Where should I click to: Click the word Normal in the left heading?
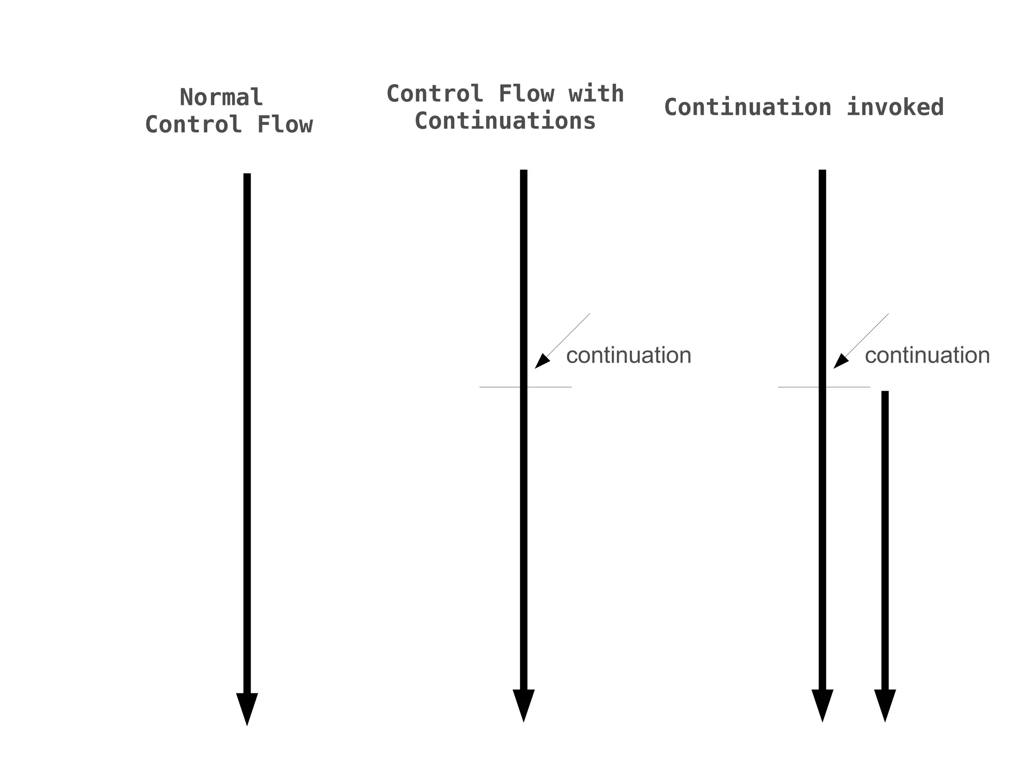221,97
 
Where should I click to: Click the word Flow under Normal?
285,125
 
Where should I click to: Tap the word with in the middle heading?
596,94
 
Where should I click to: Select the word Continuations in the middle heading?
505,121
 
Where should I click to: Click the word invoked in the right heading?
894,107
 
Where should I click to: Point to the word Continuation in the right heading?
748,107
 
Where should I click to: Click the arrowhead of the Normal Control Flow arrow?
247,708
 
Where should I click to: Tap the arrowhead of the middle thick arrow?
523,704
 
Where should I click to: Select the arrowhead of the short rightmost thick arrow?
885,704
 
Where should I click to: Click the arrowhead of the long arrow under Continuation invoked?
822,704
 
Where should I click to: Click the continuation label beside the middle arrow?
628,355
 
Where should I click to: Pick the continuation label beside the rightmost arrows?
927,355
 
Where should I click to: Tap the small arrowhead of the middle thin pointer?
541,362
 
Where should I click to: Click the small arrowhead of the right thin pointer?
840,362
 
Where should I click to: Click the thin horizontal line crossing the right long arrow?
797,387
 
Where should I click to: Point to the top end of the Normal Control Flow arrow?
247,175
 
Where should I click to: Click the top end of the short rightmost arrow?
885,393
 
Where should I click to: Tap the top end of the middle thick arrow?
523,172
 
